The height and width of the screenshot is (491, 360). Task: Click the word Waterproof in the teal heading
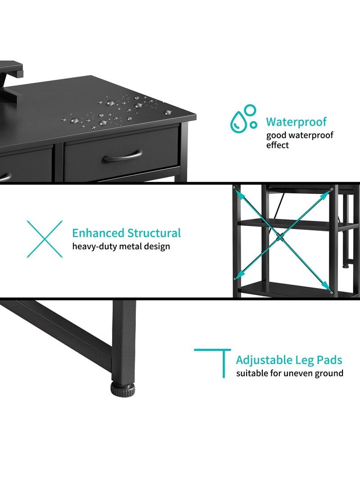click(x=296, y=122)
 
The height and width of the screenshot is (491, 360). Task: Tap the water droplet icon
click(x=243, y=118)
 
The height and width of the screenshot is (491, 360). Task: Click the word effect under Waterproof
click(x=277, y=145)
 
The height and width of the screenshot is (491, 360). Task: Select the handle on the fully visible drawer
click(x=122, y=156)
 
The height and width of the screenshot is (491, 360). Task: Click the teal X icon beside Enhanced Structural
click(x=45, y=239)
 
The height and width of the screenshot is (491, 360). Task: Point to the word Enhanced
click(x=98, y=233)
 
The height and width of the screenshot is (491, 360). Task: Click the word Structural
click(x=154, y=233)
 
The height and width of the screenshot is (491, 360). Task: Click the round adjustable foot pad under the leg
click(x=123, y=389)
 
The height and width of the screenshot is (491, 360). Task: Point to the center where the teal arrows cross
click(x=281, y=237)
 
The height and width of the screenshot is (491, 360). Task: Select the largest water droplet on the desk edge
click(x=110, y=103)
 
